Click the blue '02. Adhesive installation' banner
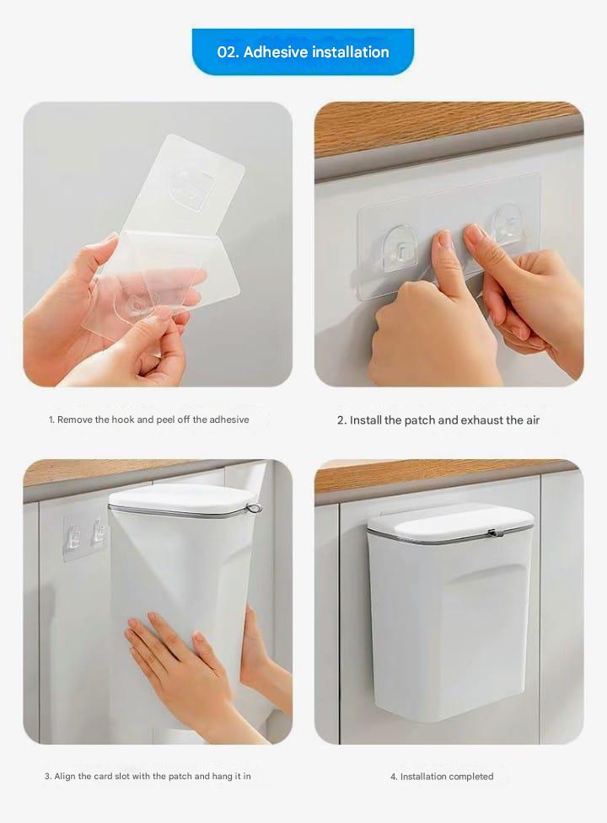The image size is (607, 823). (303, 51)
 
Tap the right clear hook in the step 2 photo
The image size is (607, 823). (507, 223)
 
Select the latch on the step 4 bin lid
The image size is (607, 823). (496, 533)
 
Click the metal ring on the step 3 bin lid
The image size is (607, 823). (255, 508)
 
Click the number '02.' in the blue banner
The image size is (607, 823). (228, 52)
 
